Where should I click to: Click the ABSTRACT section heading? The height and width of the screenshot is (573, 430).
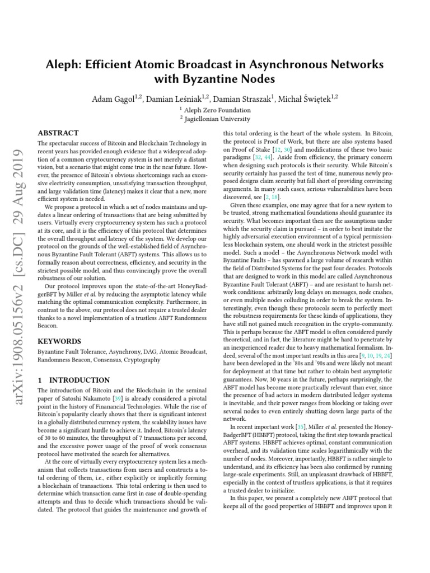pos(58,134)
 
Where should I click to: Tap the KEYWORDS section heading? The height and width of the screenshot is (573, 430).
pos(59,341)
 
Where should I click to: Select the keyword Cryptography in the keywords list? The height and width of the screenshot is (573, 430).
pos(143,360)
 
